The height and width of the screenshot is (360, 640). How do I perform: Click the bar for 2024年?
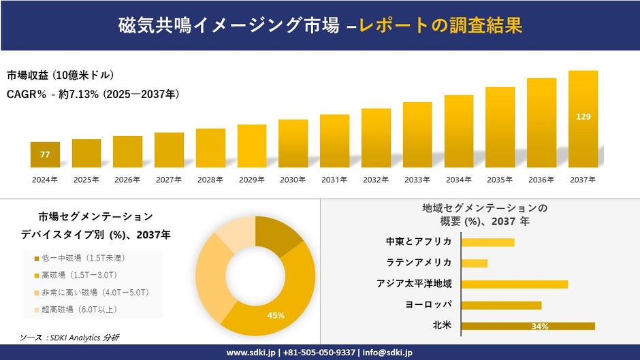click(x=45, y=155)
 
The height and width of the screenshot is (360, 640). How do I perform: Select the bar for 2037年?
click(x=583, y=119)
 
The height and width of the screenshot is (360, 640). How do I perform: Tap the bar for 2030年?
click(x=293, y=144)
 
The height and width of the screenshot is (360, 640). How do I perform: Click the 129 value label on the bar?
click(x=583, y=117)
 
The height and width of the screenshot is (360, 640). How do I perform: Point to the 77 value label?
click(x=45, y=155)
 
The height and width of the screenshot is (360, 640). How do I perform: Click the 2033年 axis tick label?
click(x=417, y=180)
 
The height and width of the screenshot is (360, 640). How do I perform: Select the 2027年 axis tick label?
click(x=169, y=180)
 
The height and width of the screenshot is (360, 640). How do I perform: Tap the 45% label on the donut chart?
click(x=276, y=315)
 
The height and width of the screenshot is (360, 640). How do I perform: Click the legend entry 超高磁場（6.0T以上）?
click(x=80, y=310)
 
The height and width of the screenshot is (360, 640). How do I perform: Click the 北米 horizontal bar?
click(x=528, y=326)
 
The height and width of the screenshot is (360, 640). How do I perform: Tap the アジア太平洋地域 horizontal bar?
click(x=514, y=284)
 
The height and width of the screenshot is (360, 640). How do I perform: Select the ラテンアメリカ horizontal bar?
click(x=474, y=263)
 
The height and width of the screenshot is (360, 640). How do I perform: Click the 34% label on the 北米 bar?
click(x=540, y=327)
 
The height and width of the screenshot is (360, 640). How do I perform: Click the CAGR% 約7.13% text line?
click(x=93, y=94)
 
